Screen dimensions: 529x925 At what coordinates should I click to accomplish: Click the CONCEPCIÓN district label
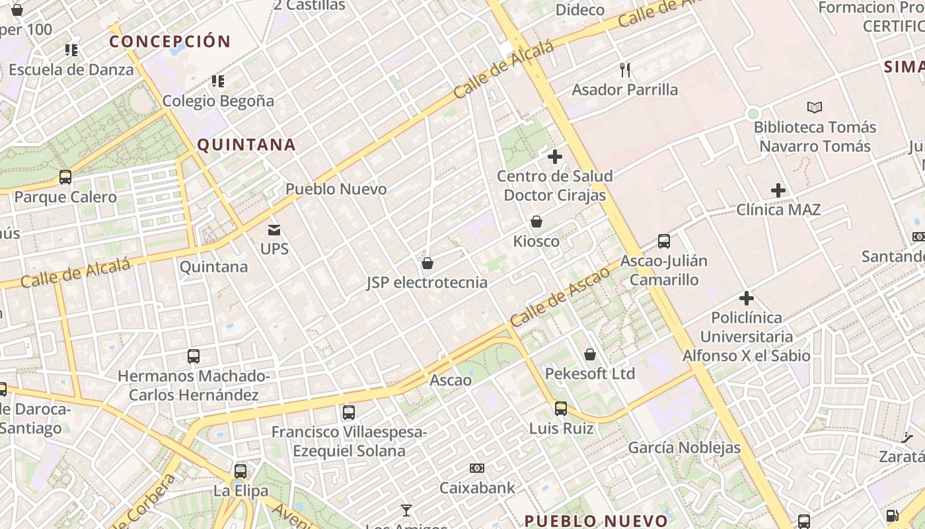coord(170,42)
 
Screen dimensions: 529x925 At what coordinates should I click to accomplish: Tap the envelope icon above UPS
coord(274,230)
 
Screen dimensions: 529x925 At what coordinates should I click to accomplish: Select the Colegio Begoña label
coord(218,101)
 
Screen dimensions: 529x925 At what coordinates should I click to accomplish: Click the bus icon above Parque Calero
coord(65,177)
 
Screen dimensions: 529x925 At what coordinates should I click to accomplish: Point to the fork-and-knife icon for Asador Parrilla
coord(625,69)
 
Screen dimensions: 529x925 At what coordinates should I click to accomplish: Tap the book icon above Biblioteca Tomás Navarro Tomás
coord(815,107)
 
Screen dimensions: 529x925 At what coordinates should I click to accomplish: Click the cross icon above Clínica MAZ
coord(778,190)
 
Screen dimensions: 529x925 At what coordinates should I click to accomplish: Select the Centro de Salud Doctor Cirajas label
coord(554,186)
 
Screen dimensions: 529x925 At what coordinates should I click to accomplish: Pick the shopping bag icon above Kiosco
coord(536,222)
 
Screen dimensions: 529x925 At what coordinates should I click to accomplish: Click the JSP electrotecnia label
coord(427,283)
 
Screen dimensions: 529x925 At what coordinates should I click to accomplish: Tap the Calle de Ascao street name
coord(560,297)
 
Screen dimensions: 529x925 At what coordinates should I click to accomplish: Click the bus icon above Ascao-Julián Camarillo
coord(664,241)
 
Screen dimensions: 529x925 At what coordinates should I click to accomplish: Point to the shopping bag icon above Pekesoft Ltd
coord(590,354)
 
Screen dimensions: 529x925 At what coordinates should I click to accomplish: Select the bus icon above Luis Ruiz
coord(561,409)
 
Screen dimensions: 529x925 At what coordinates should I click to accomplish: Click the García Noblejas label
coord(684,448)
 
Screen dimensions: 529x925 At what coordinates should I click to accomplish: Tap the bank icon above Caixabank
coord(477,468)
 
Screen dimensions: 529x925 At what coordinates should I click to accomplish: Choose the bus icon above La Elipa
coord(240,471)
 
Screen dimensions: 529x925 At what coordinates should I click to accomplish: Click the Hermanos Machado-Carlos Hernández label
coord(194,386)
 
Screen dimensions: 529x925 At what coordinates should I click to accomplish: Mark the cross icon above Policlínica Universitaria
coord(747,298)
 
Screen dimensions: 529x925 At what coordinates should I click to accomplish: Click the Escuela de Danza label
coord(71,69)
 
